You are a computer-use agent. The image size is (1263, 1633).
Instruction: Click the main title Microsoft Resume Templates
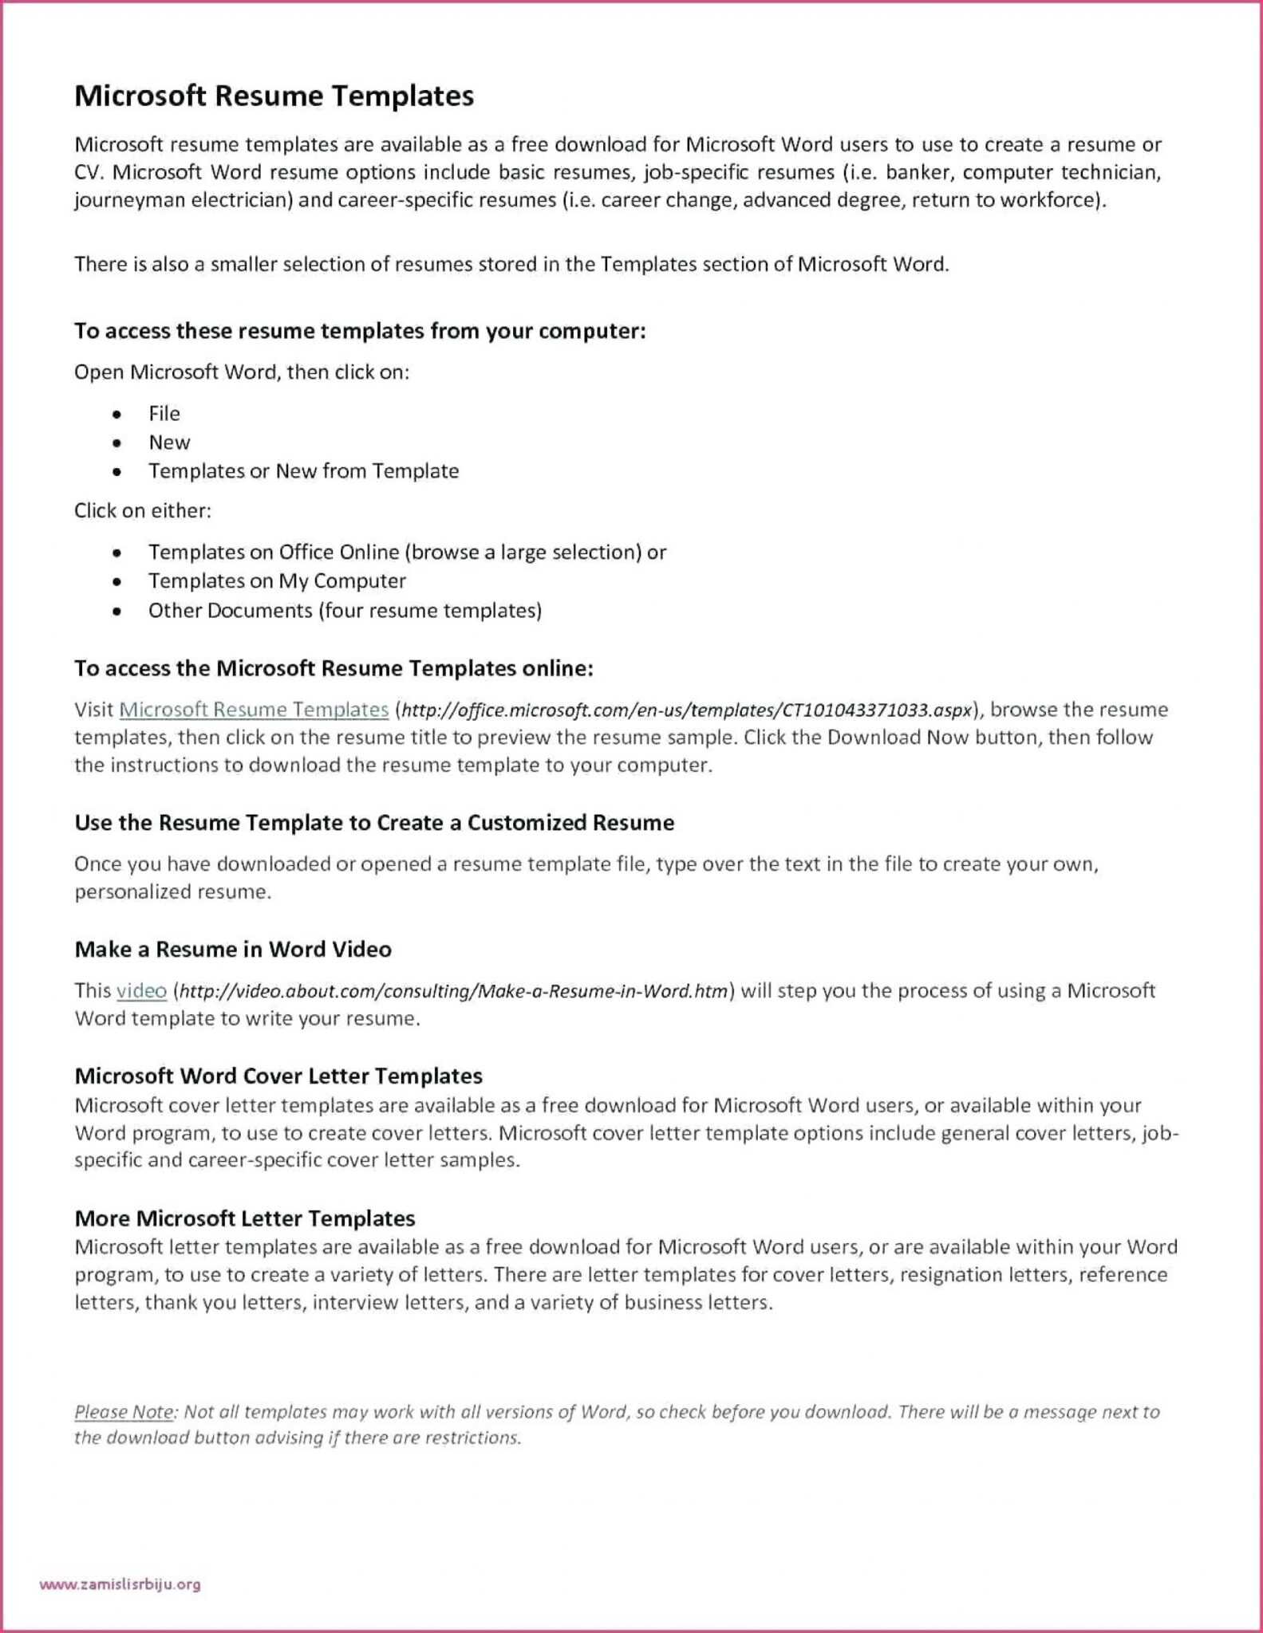(x=274, y=96)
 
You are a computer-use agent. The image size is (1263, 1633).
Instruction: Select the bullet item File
(x=164, y=413)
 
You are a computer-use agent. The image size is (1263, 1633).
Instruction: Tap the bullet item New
(x=169, y=442)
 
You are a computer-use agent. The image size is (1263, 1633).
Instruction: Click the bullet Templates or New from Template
(x=303, y=470)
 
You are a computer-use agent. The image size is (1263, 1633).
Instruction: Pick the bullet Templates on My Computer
(x=277, y=580)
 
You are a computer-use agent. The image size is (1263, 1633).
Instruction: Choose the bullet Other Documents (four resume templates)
(x=345, y=610)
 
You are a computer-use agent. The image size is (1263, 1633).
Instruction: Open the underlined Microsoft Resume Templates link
(x=254, y=709)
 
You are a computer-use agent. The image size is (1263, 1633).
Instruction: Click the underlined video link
(x=141, y=990)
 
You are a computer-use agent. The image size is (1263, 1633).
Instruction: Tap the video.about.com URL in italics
(x=453, y=991)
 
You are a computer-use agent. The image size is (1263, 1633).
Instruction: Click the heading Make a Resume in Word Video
(x=233, y=949)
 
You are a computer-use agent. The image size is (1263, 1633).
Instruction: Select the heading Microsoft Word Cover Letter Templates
(x=278, y=1076)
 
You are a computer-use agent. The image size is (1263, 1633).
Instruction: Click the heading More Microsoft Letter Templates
(x=245, y=1218)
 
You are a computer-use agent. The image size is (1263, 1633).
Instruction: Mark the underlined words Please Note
(x=124, y=1411)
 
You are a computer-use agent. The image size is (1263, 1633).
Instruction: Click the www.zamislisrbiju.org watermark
(x=120, y=1584)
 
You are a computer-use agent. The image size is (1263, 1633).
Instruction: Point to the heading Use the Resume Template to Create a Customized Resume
(x=374, y=822)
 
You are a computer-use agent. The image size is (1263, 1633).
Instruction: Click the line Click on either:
(x=143, y=510)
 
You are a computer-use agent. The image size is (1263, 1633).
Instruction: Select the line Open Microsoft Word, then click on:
(x=242, y=372)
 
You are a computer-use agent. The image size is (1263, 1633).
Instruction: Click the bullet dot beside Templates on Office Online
(x=117, y=553)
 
